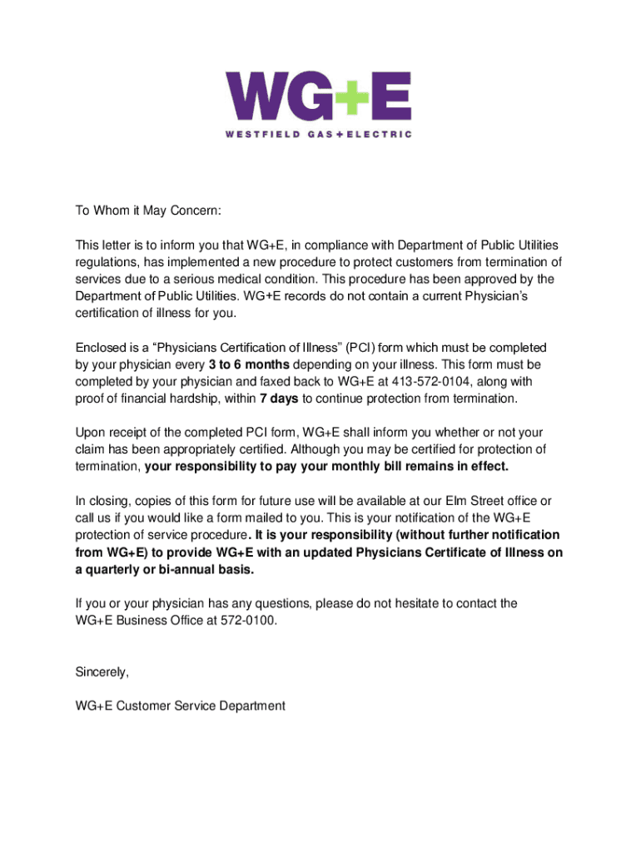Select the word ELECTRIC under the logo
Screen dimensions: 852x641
380,134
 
